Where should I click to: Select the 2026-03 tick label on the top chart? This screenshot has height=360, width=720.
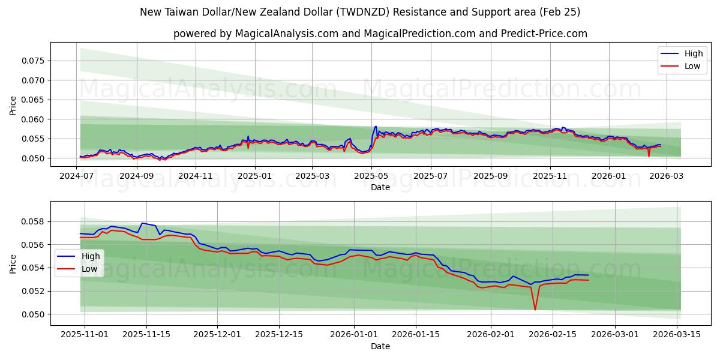click(666, 176)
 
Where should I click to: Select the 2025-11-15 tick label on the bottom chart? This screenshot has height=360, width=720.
click(146, 334)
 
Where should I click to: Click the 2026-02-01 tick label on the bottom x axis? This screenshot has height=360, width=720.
click(491, 334)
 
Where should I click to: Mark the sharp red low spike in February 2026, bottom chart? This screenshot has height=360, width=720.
click(535, 310)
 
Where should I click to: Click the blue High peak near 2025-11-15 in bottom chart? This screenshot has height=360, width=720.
click(142, 223)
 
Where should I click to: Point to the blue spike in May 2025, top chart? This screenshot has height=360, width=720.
click(376, 127)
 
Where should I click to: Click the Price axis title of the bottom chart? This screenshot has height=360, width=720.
click(13, 263)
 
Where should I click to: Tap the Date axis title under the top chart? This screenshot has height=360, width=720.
click(380, 187)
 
